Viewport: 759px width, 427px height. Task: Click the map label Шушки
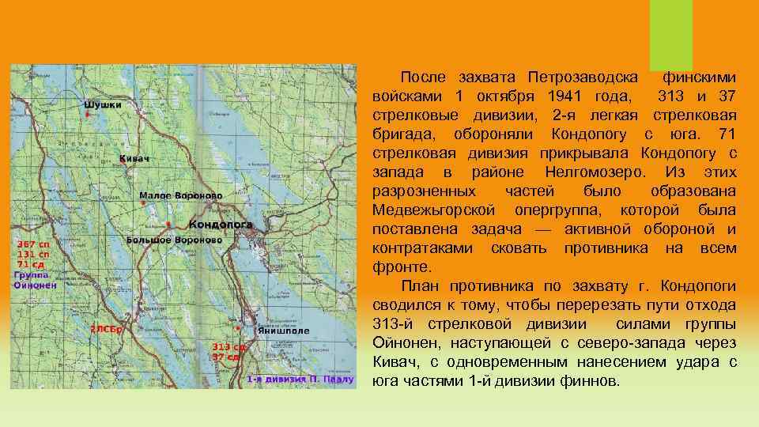pos(103,104)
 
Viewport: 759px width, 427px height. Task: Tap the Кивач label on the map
pos(134,159)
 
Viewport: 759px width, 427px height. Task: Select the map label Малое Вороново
pos(179,195)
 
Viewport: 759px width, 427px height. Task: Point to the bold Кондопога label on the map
pos(221,225)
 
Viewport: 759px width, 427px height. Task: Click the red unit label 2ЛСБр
pos(105,328)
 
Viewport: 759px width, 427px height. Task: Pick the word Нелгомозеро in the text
pos(595,172)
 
